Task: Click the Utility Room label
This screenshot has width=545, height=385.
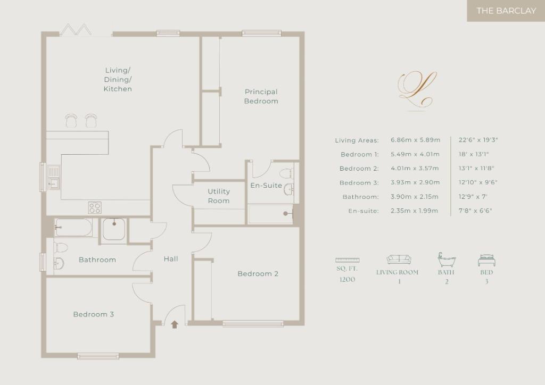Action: (219, 196)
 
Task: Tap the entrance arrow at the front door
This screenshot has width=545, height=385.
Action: (175, 324)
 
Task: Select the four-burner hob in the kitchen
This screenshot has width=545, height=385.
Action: (95, 207)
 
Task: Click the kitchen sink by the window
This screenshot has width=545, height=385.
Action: (54, 178)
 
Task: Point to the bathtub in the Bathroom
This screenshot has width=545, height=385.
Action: (73, 228)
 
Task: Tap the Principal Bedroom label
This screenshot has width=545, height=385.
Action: (261, 96)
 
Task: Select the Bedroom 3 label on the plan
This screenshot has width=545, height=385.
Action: (94, 314)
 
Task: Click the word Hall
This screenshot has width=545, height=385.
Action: (171, 258)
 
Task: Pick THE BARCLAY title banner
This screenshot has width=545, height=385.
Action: (506, 11)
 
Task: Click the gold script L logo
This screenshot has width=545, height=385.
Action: (417, 89)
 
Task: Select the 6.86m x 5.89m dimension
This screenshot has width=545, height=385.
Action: (415, 140)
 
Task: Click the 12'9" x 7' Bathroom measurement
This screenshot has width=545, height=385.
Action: (473, 197)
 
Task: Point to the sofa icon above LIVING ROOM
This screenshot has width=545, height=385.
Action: (399, 260)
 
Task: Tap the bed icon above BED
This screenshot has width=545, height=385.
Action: (486, 260)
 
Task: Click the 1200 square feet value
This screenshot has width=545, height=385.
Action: (347, 280)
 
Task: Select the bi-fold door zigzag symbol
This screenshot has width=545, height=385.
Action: (76, 29)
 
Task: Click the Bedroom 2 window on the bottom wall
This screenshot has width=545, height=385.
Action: (253, 323)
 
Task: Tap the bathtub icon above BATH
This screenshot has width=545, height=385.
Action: (447, 260)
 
